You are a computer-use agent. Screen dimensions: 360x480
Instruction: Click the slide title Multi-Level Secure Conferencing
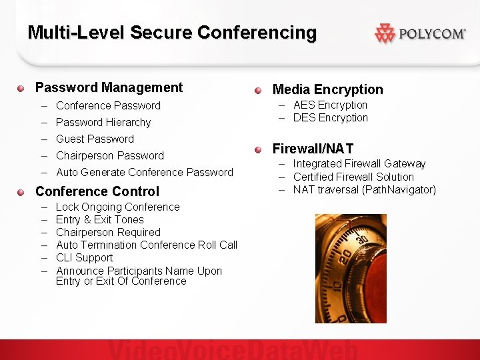(172, 32)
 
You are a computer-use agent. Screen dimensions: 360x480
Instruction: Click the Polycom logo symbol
(385, 33)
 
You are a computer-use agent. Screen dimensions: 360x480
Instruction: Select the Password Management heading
(109, 87)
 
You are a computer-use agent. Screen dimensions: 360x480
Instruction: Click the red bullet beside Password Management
(21, 88)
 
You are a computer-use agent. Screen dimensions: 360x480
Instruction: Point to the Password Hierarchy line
(103, 122)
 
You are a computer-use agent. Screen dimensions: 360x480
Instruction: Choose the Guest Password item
(95, 139)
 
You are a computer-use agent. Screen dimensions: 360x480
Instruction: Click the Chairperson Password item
(110, 155)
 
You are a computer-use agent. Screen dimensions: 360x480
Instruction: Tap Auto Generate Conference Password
(145, 172)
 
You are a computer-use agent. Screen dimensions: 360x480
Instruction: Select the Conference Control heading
(97, 191)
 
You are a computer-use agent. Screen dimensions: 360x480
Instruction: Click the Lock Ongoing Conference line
(118, 207)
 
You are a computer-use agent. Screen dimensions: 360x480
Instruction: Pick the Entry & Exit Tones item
(100, 219)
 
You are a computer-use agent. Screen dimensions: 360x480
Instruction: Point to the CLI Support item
(85, 257)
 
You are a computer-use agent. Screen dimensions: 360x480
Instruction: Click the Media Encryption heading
(328, 89)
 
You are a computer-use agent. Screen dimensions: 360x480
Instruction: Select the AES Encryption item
(331, 105)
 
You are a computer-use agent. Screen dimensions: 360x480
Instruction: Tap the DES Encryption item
(331, 117)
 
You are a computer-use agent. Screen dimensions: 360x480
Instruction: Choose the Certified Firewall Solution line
(353, 177)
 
